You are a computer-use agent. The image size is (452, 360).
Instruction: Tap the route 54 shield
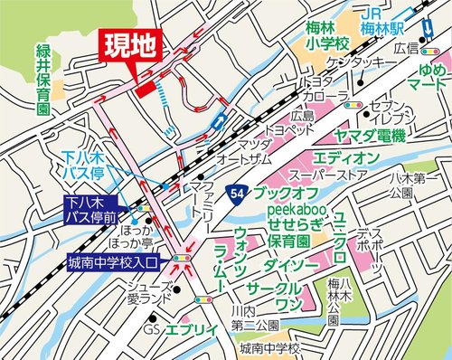237,193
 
